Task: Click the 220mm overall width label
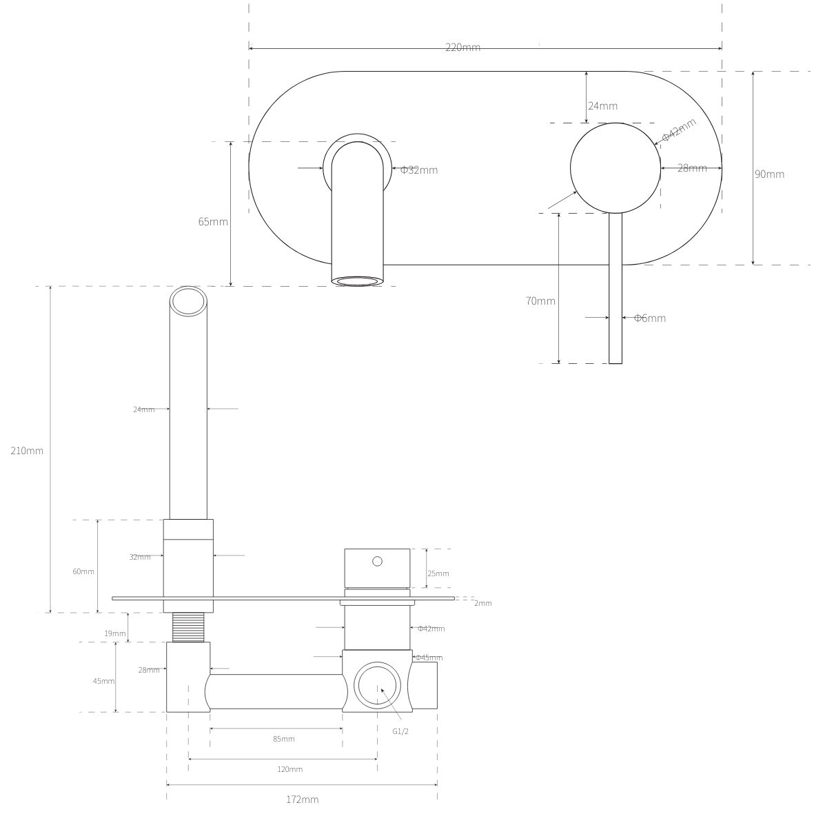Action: pyautogui.click(x=462, y=48)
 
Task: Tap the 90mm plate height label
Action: pyautogui.click(x=769, y=174)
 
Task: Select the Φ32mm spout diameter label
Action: pyautogui.click(x=418, y=170)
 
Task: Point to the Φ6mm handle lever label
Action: pyautogui.click(x=649, y=318)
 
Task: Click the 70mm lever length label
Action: pyautogui.click(x=540, y=301)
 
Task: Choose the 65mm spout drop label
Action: pyautogui.click(x=212, y=222)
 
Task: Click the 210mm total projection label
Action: pyautogui.click(x=27, y=451)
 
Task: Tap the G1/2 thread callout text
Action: pyautogui.click(x=400, y=731)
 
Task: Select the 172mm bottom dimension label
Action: pyautogui.click(x=302, y=800)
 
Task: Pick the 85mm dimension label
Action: pyautogui.click(x=283, y=739)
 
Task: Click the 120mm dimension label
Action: pyautogui.click(x=289, y=769)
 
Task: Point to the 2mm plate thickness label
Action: pyautogui.click(x=482, y=603)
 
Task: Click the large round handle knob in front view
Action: pyautogui.click(x=615, y=168)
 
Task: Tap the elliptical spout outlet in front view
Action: pyautogui.click(x=357, y=281)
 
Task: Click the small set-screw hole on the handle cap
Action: pyautogui.click(x=377, y=561)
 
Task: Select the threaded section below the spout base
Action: pyautogui.click(x=188, y=627)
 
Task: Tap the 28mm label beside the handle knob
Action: pyautogui.click(x=691, y=168)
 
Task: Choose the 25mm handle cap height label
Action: pyautogui.click(x=438, y=573)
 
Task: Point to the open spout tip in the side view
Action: pyautogui.click(x=189, y=302)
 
